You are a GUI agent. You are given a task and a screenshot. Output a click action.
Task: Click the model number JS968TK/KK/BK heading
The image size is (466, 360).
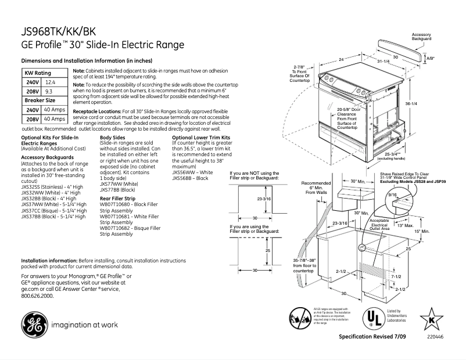click(59, 33)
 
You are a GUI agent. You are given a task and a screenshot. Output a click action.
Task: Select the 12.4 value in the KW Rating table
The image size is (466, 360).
click(50, 83)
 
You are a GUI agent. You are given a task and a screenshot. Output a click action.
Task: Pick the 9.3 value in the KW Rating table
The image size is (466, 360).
click(49, 92)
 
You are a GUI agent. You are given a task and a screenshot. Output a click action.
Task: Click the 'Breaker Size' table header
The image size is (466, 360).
click(39, 100)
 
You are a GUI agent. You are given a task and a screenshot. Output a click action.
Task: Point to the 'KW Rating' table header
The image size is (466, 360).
click(37, 73)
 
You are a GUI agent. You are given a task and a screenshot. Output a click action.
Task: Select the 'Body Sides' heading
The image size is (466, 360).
click(112, 137)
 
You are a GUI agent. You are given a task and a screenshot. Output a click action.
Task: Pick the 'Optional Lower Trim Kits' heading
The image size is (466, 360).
click(198, 137)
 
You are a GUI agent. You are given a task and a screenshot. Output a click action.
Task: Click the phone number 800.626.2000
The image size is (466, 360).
click(37, 296)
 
